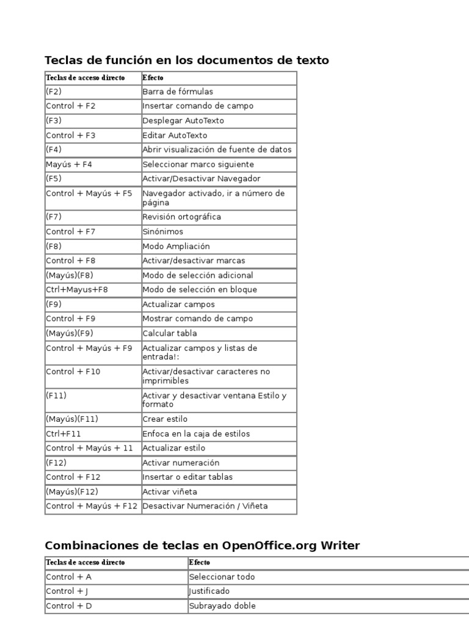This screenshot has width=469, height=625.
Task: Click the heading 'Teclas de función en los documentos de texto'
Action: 187,60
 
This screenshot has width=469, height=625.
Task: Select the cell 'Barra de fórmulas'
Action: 178,92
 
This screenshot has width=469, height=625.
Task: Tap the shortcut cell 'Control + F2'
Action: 71,106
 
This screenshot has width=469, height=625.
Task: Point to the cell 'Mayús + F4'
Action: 69,165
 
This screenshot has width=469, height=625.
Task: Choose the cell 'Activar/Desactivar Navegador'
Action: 202,179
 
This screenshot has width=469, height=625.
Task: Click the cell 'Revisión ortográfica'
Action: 182,217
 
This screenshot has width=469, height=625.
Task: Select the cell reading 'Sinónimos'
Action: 162,232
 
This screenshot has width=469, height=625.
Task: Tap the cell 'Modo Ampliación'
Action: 176,247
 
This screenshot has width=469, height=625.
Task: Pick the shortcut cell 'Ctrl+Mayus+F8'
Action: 77,290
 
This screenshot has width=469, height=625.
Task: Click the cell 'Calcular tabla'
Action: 170,334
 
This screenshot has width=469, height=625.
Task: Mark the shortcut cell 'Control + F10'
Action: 73,372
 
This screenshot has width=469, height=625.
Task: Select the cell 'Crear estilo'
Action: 165,419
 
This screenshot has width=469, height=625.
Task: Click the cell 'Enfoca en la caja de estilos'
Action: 196,434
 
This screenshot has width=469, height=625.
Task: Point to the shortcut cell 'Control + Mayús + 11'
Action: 89,448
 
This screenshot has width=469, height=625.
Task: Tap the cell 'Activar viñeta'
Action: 170,492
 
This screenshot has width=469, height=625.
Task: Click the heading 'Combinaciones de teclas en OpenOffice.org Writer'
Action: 202,546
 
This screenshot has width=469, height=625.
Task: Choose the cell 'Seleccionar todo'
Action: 222,577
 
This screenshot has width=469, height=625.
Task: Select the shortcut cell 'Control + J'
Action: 68,591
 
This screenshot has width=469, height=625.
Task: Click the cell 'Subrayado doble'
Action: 222,606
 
